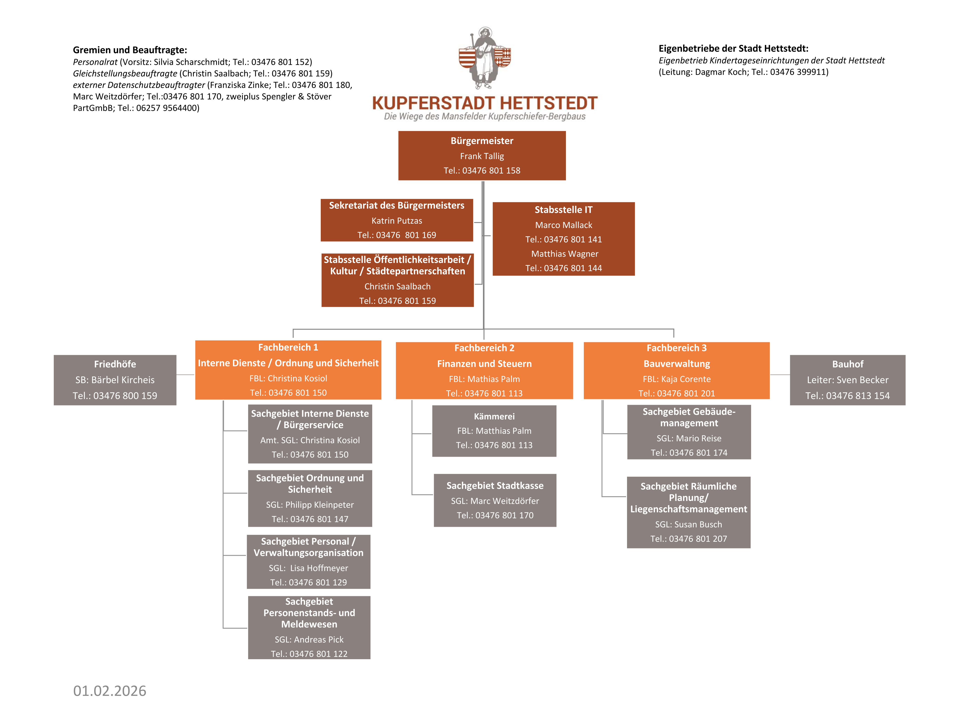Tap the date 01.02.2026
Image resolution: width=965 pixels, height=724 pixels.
pos(110,691)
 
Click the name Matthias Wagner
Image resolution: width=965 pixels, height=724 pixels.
pos(565,254)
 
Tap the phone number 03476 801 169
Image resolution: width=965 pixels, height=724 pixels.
pos(406,235)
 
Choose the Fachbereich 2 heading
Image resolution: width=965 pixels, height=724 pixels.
pos(484,348)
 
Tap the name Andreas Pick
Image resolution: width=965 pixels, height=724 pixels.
pos(318,640)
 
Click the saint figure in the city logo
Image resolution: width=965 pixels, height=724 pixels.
pos(484,58)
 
